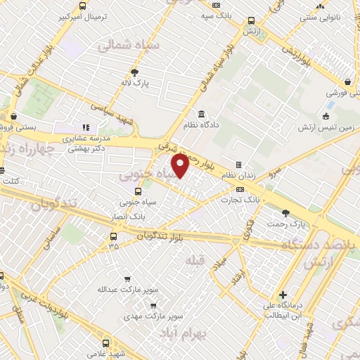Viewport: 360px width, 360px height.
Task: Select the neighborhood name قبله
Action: [194, 260]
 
